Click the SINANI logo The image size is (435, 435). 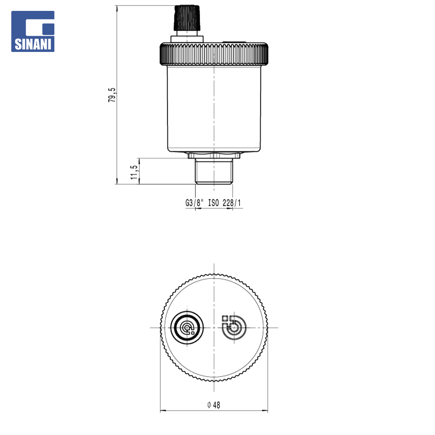point(33,31)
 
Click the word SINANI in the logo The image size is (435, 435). point(33,44)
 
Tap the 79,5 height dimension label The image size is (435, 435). point(112,95)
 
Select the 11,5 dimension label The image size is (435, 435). point(134,172)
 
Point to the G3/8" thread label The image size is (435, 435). point(194,203)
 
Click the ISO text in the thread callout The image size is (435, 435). point(213,203)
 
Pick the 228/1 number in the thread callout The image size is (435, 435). point(232,203)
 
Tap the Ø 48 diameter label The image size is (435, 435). point(213,405)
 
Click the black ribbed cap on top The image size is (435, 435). point(187,18)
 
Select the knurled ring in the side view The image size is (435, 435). point(214,54)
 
